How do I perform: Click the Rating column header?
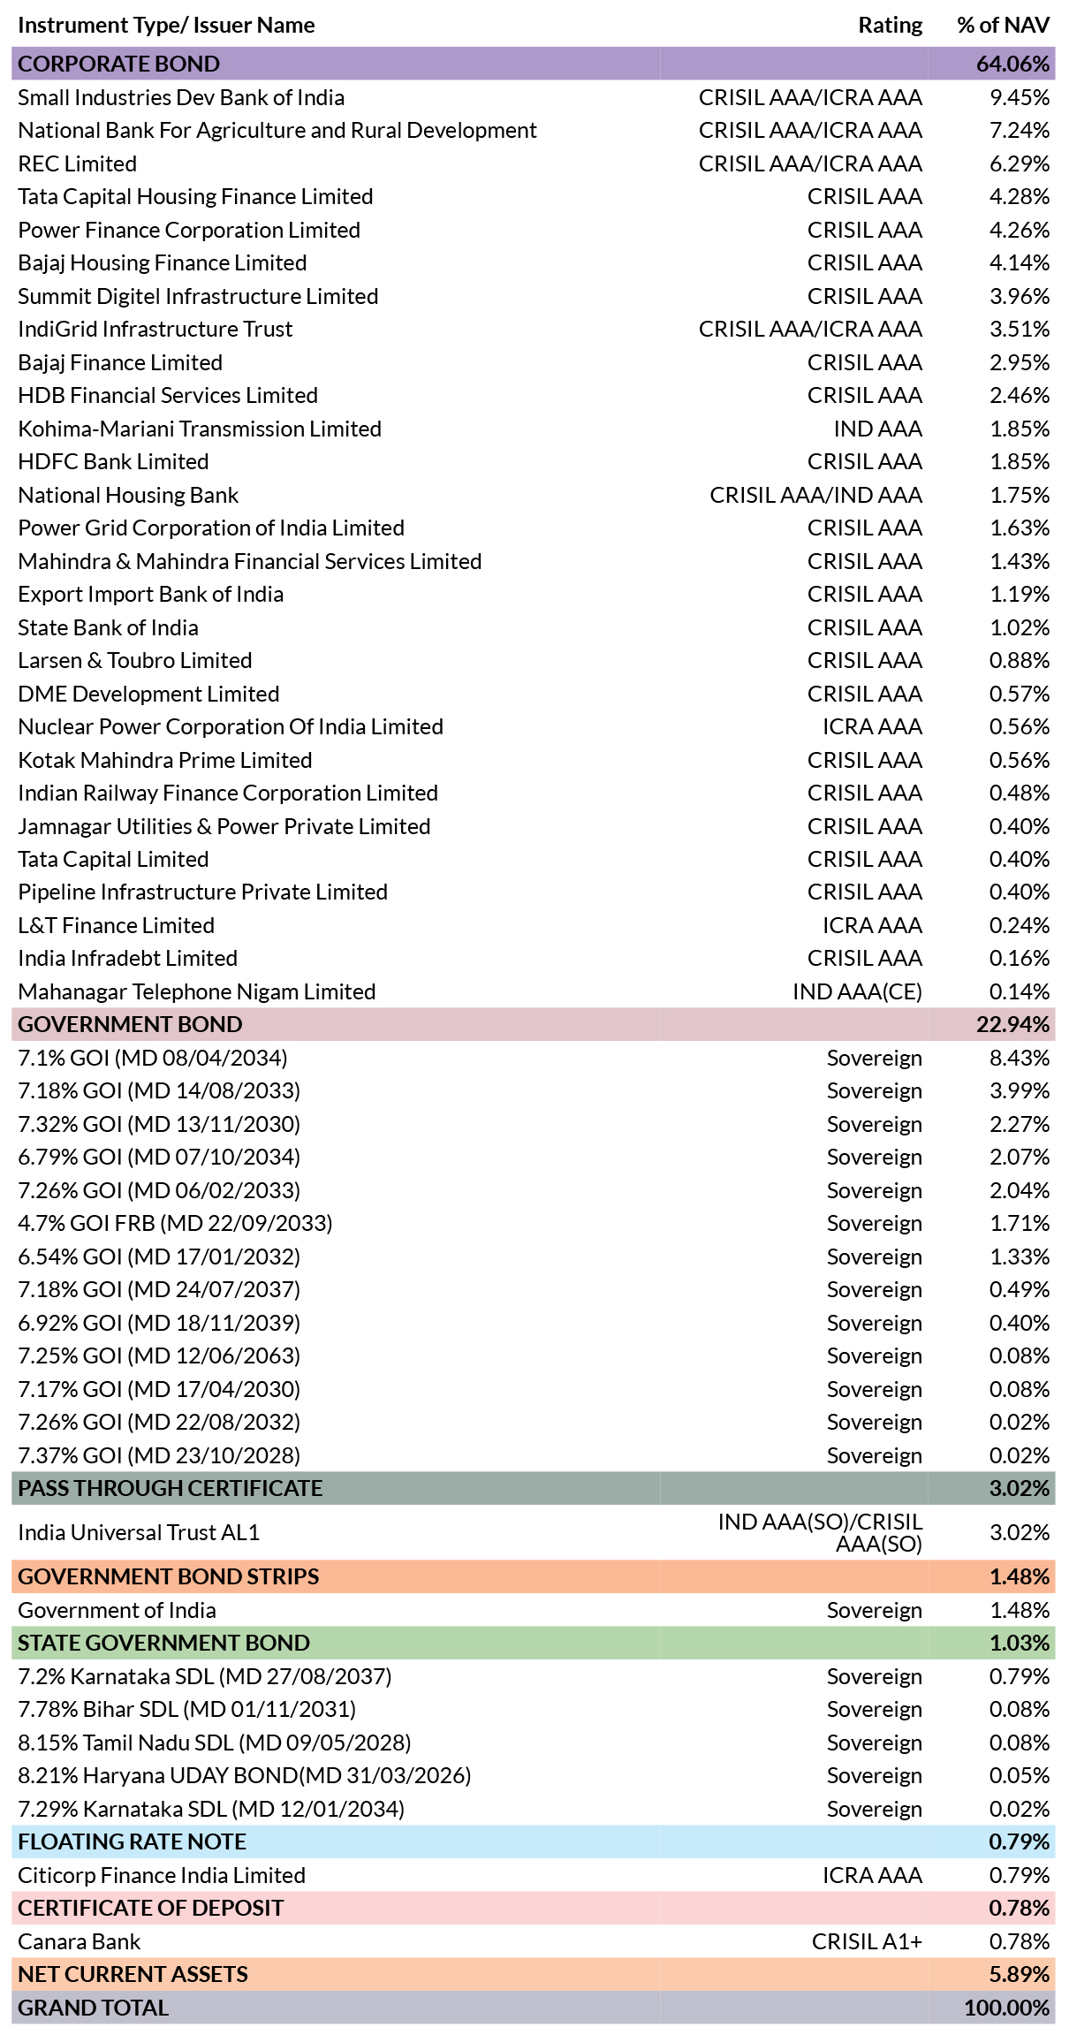click(x=890, y=25)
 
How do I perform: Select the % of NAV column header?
click(x=1003, y=25)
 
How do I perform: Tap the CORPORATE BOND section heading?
click(x=118, y=64)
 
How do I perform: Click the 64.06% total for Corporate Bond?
click(x=1012, y=64)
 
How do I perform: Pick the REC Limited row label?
click(x=77, y=163)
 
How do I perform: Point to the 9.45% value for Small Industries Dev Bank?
click(x=1019, y=97)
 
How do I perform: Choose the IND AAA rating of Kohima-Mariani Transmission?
click(x=877, y=429)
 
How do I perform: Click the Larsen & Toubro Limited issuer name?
click(x=134, y=660)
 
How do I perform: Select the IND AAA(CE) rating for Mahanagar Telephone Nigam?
click(x=857, y=991)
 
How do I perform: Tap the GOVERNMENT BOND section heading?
click(x=130, y=1024)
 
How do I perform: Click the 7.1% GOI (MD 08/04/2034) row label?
click(x=152, y=1058)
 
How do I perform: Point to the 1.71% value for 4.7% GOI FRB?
click(x=1019, y=1223)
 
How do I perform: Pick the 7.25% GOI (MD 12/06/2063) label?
click(x=159, y=1355)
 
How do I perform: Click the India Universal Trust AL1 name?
click(x=139, y=1532)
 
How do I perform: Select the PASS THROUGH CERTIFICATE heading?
click(x=170, y=1488)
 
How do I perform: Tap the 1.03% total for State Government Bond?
click(x=1019, y=1643)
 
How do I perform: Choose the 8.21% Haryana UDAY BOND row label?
click(x=244, y=1775)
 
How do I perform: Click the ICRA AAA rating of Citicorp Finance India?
click(x=872, y=1875)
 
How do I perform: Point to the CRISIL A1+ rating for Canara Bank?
click(x=867, y=1941)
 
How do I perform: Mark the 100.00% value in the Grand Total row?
click(x=1006, y=2008)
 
